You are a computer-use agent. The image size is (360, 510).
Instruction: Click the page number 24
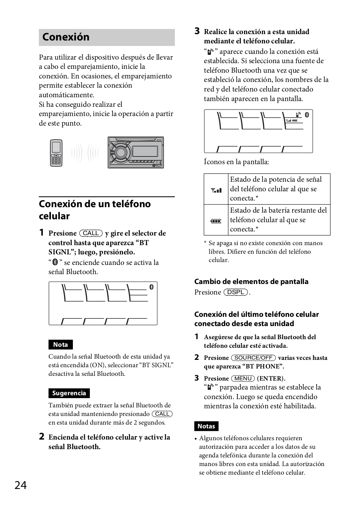(x=20, y=485)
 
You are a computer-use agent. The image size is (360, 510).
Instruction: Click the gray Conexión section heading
(x=66, y=37)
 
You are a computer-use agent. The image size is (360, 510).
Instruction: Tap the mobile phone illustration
(x=56, y=153)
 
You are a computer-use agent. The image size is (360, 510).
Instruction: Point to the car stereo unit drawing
(x=136, y=152)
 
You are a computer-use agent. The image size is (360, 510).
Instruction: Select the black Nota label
(x=61, y=345)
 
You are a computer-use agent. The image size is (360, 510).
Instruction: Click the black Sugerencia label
(x=69, y=393)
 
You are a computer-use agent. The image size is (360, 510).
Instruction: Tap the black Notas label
(x=206, y=426)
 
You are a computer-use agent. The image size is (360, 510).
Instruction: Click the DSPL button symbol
(x=236, y=292)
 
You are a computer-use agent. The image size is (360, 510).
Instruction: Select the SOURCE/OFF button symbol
(x=254, y=358)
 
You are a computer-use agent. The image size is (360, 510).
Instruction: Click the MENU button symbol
(x=243, y=378)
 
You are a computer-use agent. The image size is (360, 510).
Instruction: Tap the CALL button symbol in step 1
(x=91, y=233)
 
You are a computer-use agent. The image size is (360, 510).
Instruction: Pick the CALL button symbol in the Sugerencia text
(x=162, y=414)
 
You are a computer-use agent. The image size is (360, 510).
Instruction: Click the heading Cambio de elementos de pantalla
(x=251, y=281)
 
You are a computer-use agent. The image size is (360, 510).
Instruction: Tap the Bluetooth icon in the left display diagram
(x=152, y=287)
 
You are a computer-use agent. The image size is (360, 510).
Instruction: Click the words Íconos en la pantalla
(x=236, y=162)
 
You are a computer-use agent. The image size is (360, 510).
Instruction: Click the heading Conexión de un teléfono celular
(x=95, y=210)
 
